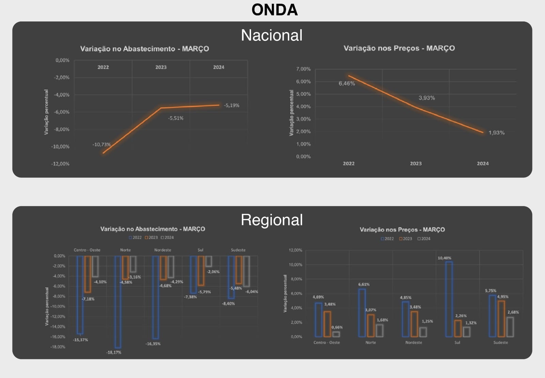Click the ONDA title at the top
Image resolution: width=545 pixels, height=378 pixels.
click(x=275, y=10)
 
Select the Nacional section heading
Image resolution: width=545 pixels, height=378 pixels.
click(x=271, y=35)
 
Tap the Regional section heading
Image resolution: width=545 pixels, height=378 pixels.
click(x=271, y=220)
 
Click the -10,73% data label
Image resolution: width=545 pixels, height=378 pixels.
click(x=102, y=144)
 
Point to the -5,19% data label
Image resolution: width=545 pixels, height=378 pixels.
click(x=232, y=106)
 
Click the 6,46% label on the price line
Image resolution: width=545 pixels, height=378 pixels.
click(x=347, y=83)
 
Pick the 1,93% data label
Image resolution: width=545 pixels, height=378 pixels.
click(x=496, y=133)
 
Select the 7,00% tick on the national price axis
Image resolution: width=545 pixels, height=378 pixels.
click(x=303, y=69)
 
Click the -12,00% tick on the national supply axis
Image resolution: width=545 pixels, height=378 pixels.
click(x=60, y=164)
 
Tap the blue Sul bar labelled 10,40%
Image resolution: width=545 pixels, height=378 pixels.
click(x=449, y=299)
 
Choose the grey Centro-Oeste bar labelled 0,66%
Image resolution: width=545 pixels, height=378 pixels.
click(x=336, y=334)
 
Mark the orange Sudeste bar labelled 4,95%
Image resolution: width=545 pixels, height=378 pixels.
click(x=501, y=318)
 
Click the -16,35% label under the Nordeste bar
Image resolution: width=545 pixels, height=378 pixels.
click(x=153, y=344)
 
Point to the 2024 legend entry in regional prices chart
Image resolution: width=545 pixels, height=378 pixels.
click(x=424, y=239)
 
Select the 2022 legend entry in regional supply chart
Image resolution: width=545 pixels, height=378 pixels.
click(x=135, y=238)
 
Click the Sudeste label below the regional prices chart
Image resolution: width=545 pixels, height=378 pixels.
click(x=500, y=343)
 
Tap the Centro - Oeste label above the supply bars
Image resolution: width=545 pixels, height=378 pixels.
click(x=87, y=250)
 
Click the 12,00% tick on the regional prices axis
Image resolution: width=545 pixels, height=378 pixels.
click(x=295, y=250)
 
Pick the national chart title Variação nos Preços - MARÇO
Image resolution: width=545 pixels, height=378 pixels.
click(x=399, y=48)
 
